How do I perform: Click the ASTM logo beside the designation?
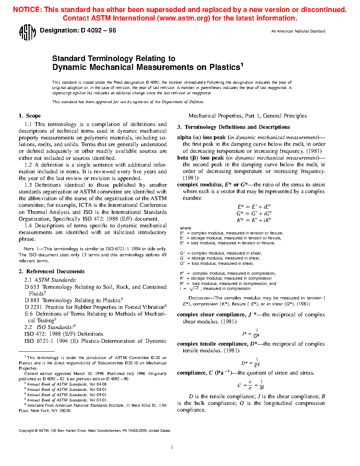[x=27, y=32]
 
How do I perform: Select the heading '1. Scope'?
[x=30, y=116]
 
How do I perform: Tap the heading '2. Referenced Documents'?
[x=52, y=271]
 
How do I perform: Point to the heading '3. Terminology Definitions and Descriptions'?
[x=233, y=127]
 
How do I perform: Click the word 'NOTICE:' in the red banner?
[x=27, y=10]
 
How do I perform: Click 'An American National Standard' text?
[x=298, y=31]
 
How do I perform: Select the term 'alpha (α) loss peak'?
[x=201, y=137]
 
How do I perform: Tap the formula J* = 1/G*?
[x=251, y=334]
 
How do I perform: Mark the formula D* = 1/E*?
[x=251, y=363]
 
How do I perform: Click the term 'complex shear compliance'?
[x=211, y=315]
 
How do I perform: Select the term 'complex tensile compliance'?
[x=212, y=344]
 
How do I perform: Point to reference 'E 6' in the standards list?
[x=29, y=314]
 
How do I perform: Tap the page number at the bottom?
[x=172, y=447]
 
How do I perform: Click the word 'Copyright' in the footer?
[x=26, y=431]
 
